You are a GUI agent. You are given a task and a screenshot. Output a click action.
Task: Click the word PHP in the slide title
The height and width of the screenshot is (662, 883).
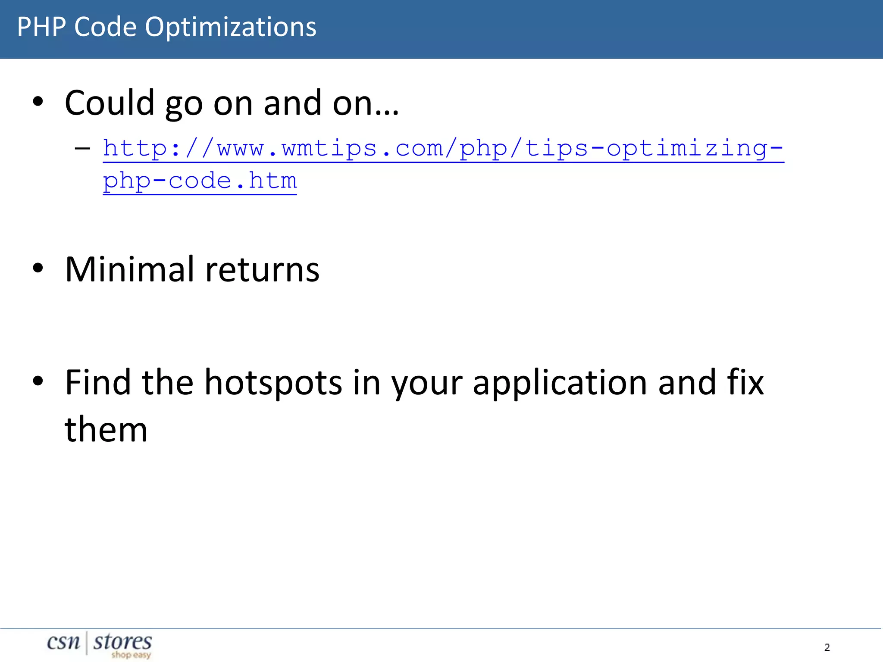point(41,27)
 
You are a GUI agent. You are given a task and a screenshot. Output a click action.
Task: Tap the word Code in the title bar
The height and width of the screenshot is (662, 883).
point(105,27)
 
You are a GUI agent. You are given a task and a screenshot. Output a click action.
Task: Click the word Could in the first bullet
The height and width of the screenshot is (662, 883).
point(110,103)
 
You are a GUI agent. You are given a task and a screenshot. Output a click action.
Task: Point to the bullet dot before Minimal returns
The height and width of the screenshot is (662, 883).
point(38,269)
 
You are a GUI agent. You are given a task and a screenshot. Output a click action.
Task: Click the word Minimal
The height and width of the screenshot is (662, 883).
point(129,269)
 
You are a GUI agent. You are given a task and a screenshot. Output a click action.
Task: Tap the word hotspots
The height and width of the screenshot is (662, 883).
point(273,382)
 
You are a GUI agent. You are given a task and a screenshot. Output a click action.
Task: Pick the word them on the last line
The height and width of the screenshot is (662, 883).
point(106,430)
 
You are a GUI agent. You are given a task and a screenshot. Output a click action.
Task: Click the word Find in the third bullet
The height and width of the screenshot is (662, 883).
point(98,382)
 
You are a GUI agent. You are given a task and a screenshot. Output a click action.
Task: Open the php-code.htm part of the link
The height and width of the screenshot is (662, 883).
point(200,181)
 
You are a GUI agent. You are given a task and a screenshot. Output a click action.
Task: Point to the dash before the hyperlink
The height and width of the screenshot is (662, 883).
point(82,149)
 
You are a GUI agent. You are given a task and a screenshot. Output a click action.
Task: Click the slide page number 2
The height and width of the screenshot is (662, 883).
point(827,647)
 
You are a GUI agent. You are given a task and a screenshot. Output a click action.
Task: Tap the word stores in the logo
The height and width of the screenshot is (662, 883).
point(122,642)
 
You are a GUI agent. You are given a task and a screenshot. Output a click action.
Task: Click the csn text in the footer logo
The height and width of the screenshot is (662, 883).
point(63,642)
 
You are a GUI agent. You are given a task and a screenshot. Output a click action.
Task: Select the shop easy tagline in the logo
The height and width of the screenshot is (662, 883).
point(131,655)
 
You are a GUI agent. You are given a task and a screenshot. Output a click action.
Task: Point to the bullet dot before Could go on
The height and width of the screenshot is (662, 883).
point(38,102)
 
